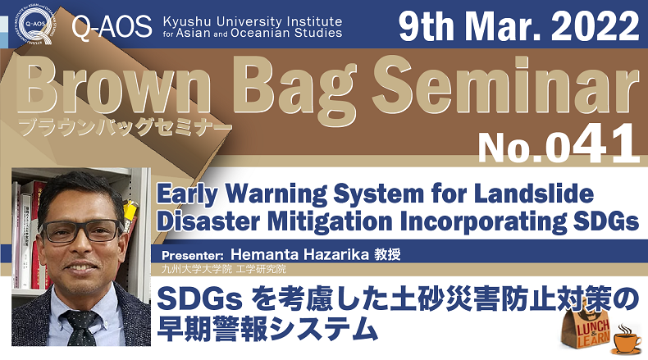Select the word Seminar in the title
(x=506, y=86)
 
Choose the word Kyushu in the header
(x=187, y=22)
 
